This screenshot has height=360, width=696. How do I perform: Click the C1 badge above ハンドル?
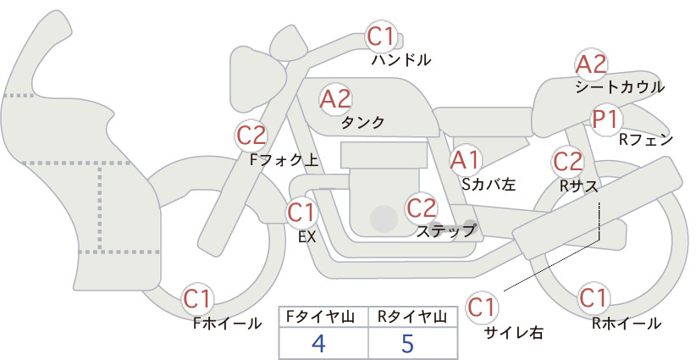click(380, 36)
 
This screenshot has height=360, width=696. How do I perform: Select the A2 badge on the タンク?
click(335, 99)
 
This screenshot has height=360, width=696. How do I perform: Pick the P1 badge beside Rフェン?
click(605, 119)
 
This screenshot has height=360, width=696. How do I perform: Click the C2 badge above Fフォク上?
click(251, 135)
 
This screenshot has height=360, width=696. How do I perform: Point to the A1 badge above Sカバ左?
click(465, 158)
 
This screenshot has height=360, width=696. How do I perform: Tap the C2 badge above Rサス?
click(567, 161)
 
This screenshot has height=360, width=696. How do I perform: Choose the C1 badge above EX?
click(301, 212)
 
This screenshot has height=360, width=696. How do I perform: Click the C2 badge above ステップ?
click(421, 208)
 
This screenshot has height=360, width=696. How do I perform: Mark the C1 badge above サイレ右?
click(484, 307)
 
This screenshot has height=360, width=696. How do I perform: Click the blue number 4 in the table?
click(318, 344)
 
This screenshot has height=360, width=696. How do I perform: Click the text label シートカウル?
click(619, 86)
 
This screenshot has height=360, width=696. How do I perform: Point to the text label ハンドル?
click(401, 60)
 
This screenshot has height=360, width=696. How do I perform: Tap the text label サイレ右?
click(513, 333)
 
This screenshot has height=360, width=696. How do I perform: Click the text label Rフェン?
click(646, 139)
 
